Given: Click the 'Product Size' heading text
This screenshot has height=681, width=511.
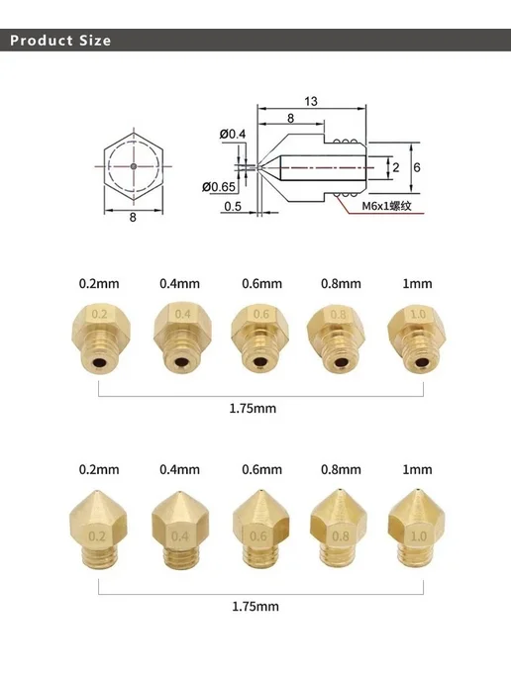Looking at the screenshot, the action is click(x=60, y=41).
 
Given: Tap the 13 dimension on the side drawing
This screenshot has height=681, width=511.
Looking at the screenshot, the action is click(x=311, y=101).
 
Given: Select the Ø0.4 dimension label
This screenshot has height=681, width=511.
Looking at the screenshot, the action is click(x=233, y=134).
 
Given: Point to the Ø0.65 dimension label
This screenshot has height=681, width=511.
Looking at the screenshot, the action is click(x=219, y=187).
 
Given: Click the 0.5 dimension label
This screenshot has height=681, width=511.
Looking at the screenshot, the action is click(x=233, y=206).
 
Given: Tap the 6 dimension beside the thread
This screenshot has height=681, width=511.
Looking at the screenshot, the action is click(x=417, y=167).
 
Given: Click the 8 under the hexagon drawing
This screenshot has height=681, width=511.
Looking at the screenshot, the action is click(x=133, y=217).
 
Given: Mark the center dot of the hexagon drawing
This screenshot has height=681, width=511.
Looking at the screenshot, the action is click(x=134, y=166).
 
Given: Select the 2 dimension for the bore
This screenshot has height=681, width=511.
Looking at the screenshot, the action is click(x=396, y=167).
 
